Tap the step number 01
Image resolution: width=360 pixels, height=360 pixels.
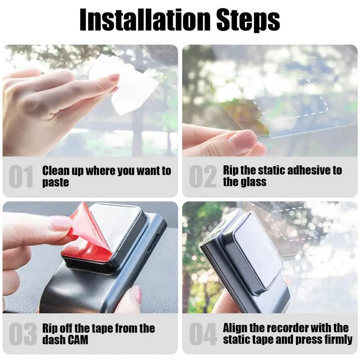point(21,176)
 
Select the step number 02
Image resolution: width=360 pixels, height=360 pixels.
point(203,176)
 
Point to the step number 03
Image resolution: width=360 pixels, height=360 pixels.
point(23,333)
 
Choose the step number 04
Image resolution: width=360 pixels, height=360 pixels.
point(203,333)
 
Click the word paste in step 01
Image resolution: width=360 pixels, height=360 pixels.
point(55,183)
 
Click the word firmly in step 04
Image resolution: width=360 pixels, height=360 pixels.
point(338,340)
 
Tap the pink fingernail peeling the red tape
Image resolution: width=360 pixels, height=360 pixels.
point(62,223)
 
